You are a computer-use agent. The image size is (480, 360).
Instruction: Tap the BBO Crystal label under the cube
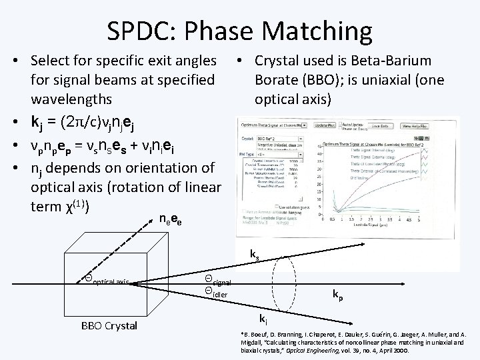tap(108, 326)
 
